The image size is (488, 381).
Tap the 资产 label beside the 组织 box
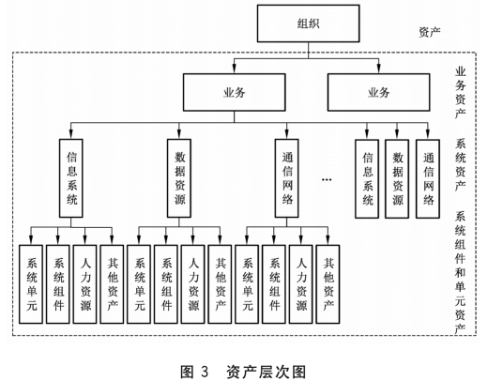point(429,31)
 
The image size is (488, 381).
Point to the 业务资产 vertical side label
point(461,92)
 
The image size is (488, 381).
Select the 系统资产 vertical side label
point(461,160)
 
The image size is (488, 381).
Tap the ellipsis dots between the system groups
point(328,177)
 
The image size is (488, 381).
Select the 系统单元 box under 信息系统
point(32,282)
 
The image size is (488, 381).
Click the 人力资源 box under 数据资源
point(192,282)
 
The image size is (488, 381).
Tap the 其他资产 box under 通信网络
point(328,282)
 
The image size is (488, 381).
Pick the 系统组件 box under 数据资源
point(166,282)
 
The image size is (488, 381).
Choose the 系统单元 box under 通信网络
point(248,282)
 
